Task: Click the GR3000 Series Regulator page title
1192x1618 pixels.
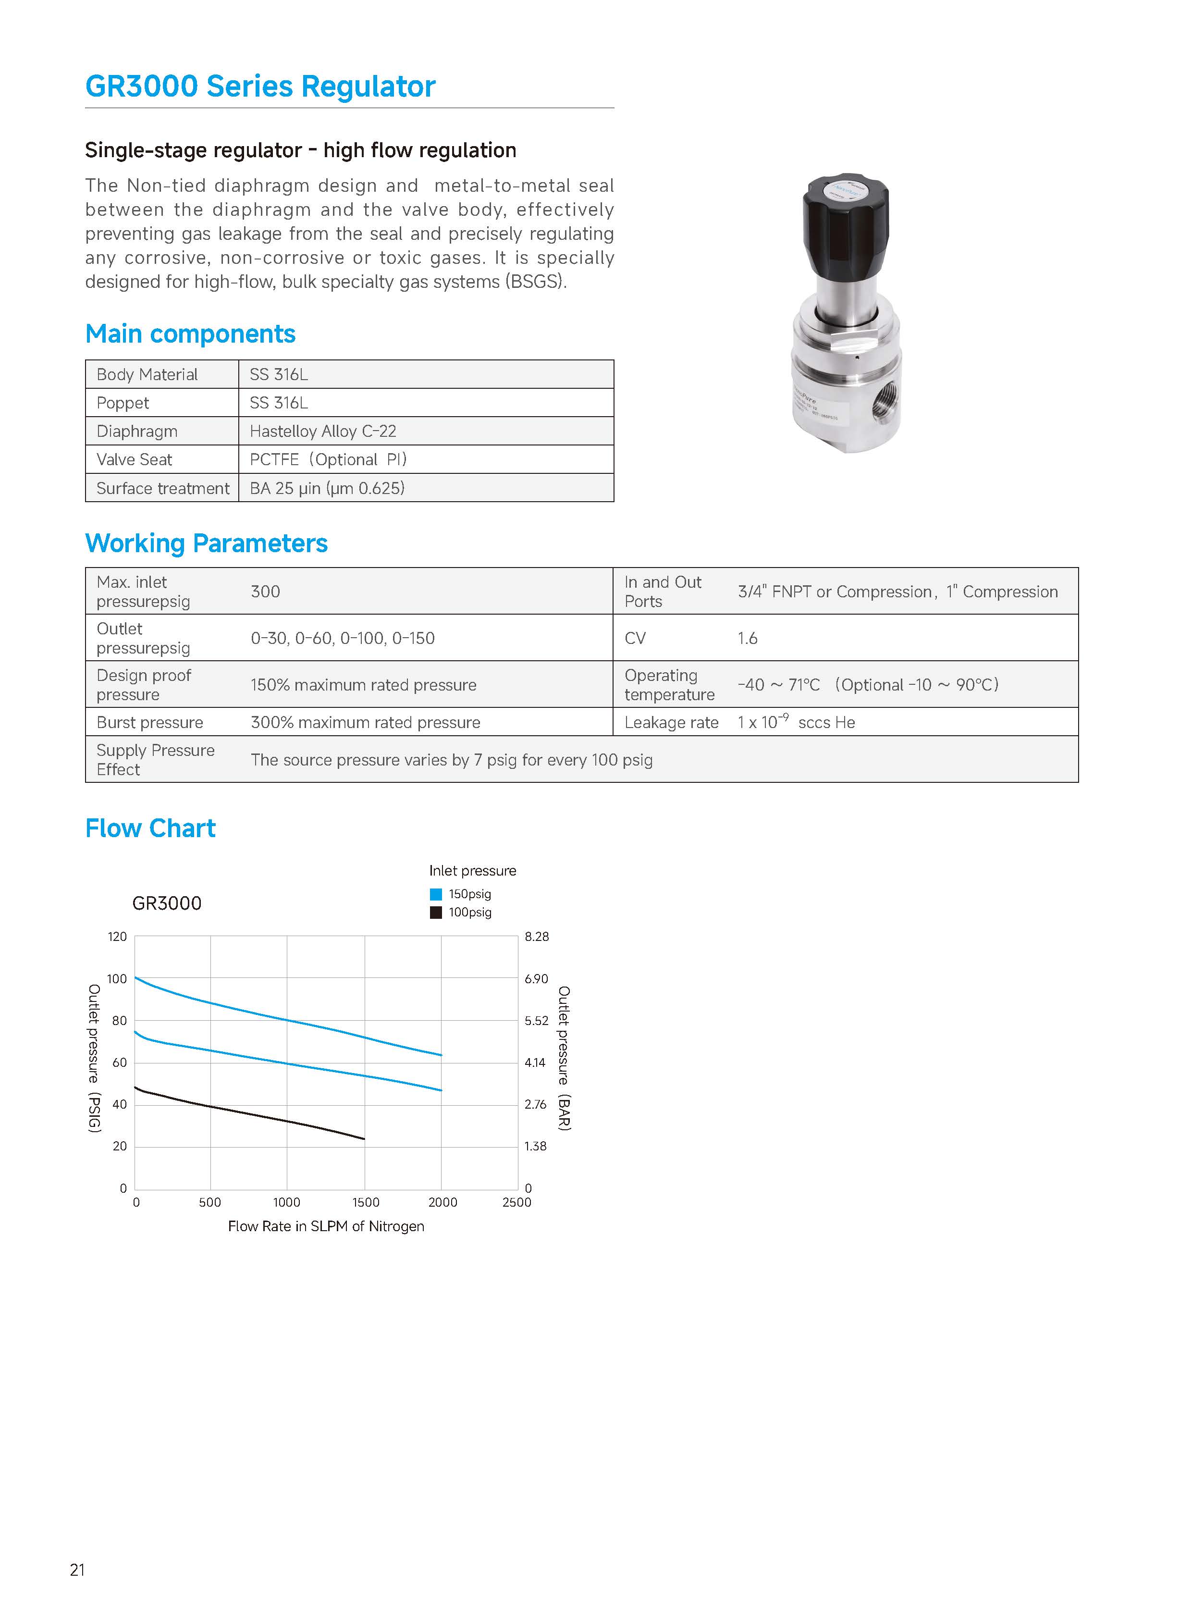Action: [x=260, y=86]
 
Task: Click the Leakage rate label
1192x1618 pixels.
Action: [x=671, y=722]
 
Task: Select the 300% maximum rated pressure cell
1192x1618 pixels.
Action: [x=365, y=722]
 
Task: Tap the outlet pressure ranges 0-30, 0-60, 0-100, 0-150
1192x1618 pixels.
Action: [x=343, y=638]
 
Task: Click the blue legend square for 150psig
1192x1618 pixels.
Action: [x=436, y=894]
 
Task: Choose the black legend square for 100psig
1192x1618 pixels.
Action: [x=436, y=913]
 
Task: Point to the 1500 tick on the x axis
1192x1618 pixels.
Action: [x=366, y=1202]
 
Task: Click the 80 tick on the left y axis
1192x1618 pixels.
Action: [x=119, y=1021]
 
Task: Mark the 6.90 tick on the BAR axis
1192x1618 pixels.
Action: [x=536, y=978]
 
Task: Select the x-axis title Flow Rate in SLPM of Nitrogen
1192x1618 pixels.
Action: [x=326, y=1226]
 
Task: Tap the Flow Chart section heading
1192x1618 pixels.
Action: [x=150, y=828]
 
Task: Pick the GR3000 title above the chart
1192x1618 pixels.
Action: [x=167, y=903]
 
